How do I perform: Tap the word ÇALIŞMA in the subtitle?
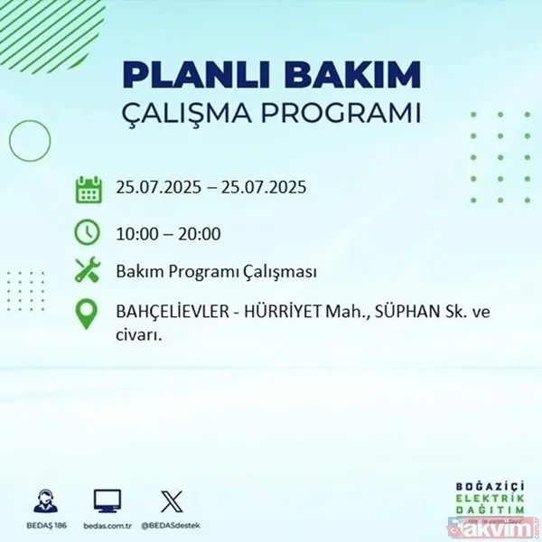214,116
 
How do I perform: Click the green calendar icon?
88,189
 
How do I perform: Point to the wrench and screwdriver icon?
88,272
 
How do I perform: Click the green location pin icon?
88,313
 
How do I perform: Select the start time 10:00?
136,234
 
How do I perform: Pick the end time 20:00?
201,234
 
